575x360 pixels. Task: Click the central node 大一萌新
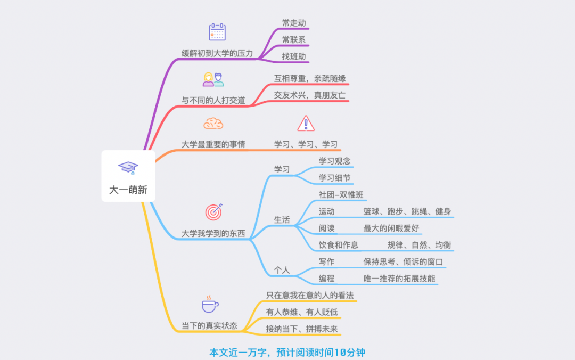(128, 190)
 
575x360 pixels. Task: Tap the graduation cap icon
(128, 168)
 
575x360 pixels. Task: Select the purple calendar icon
(217, 32)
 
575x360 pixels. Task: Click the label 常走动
(294, 23)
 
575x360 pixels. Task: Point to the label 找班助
(294, 56)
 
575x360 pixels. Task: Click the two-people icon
(213, 79)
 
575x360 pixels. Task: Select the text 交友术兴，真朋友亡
(310, 95)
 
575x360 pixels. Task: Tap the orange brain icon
(213, 124)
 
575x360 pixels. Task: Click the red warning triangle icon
(306, 124)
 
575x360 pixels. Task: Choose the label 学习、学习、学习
(306, 144)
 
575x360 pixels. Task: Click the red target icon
(213, 211)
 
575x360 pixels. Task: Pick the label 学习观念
(334, 161)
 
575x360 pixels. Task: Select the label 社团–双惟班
(341, 194)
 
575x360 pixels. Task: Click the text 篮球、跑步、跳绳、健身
(407, 211)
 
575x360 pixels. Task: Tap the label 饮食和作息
(339, 245)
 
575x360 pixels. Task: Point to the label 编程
(326, 278)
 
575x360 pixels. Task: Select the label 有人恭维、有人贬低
(302, 312)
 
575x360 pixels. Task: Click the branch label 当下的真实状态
(209, 326)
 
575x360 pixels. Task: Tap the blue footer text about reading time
(287, 353)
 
